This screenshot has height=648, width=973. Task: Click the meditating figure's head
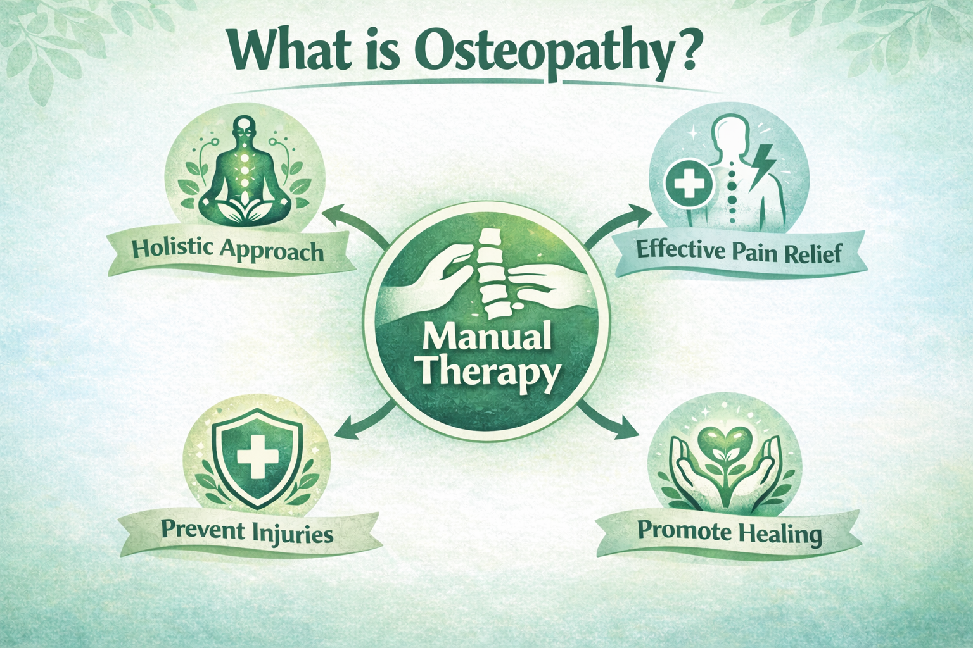pyautogui.click(x=244, y=125)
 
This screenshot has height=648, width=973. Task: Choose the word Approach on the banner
pyautogui.click(x=272, y=252)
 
